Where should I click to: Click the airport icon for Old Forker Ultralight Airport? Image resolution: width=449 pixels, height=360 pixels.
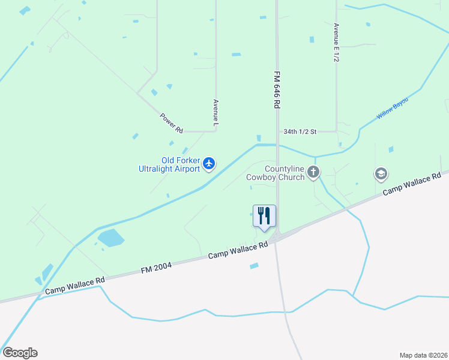coord(209,163)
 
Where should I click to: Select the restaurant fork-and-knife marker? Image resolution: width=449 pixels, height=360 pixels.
coord(264,216)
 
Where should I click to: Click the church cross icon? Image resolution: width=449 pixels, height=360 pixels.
coord(313,173)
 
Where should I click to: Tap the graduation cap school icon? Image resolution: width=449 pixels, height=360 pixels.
coord(381,174)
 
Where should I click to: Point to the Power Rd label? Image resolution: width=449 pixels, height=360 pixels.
coord(171,122)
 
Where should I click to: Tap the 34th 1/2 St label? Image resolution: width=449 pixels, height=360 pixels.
coord(300,131)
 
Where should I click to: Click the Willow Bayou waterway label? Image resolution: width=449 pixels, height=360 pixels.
coord(392,108)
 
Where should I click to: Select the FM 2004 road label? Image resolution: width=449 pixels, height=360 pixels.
coord(156,268)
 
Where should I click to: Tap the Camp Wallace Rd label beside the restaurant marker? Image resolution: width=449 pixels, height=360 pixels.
coord(238,251)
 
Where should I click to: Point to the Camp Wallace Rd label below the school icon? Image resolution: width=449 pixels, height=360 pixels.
coord(412,184)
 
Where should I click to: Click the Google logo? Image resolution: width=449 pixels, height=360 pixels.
coord(20,353)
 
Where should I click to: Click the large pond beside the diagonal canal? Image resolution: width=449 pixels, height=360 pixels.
coord(110,238)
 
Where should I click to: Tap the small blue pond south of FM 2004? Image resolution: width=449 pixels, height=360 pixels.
coord(254,266)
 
